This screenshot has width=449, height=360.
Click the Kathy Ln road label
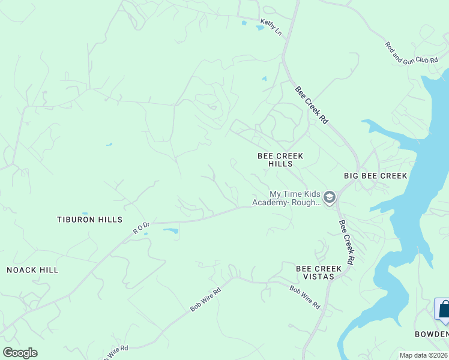271,27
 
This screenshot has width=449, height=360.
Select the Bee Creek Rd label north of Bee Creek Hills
312,105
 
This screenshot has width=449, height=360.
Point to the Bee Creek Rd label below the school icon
346,242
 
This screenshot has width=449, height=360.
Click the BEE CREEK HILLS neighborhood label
280,160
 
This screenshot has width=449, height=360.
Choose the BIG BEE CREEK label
375,176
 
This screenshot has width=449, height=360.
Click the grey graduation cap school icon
329,197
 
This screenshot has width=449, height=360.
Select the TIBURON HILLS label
89,220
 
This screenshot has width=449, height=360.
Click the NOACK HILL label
32,270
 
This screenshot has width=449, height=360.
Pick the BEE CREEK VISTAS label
319,272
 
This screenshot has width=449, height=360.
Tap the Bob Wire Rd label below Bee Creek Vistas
304,297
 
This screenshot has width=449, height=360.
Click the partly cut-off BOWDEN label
432,334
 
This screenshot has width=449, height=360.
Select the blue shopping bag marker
445,310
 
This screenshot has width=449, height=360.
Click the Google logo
20,353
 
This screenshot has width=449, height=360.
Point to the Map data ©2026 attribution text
423,355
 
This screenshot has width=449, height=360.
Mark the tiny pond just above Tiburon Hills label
85,213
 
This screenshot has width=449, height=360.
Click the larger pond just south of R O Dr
170,231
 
